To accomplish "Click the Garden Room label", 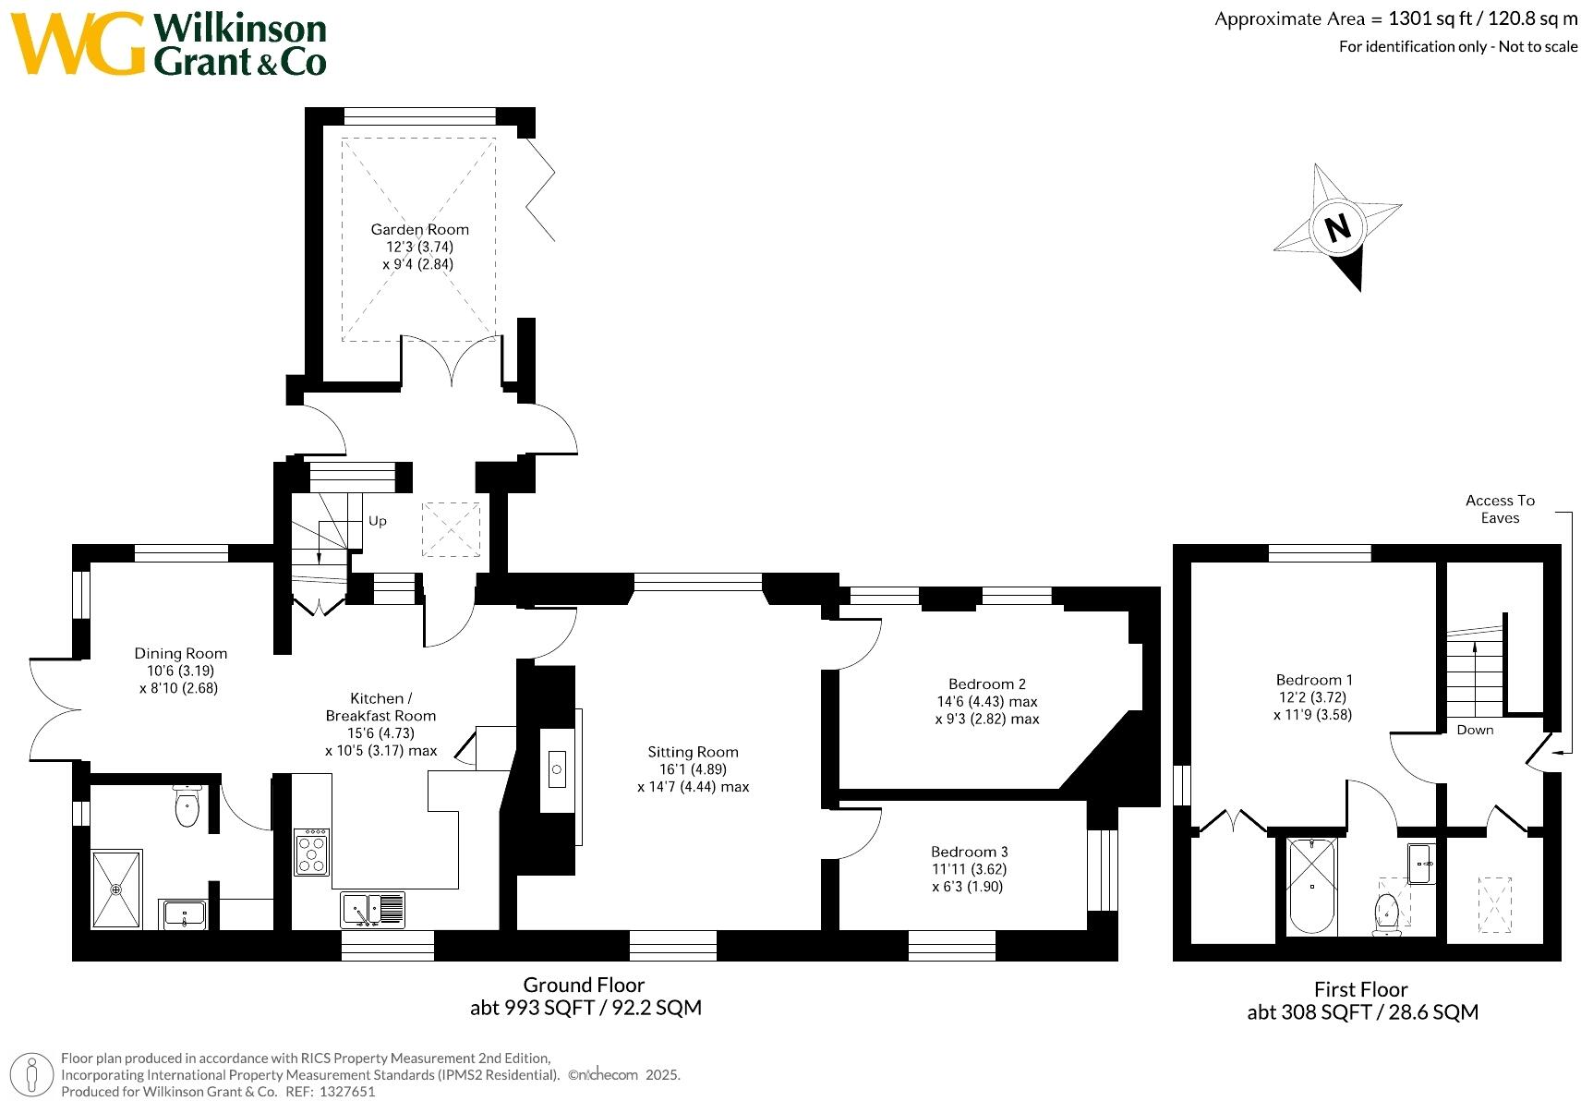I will (419, 229).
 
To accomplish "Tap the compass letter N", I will (1337, 227).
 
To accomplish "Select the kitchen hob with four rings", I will (310, 852).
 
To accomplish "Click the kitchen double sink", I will (372, 910).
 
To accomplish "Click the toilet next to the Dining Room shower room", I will (187, 806).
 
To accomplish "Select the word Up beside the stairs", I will (377, 521).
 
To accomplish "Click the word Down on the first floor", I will (1475, 730).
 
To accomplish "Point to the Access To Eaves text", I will (1500, 509).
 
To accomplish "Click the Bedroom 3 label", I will (969, 852).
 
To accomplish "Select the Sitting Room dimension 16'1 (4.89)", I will (693, 769).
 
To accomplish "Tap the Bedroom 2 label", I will (986, 684).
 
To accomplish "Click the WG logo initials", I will (78, 44).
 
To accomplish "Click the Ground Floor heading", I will (584, 985).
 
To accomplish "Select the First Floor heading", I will (1360, 989).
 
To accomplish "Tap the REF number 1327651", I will (344, 1091).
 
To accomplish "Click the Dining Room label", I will (180, 653).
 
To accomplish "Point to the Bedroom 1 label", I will (1313, 680).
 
